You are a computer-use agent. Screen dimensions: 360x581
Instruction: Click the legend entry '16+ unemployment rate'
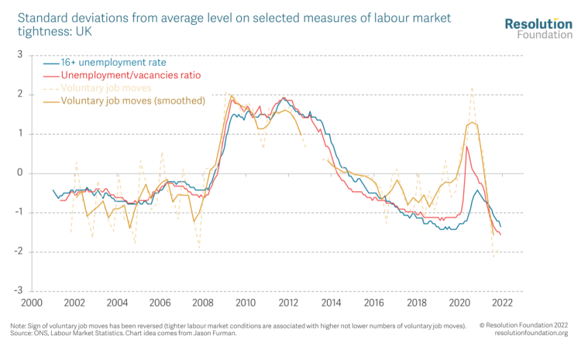coord(113,63)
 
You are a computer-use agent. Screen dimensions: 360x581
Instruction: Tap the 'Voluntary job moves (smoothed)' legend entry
coord(132,101)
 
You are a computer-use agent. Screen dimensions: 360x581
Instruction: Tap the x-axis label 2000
coord(31,303)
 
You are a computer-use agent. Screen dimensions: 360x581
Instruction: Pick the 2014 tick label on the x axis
coord(331,303)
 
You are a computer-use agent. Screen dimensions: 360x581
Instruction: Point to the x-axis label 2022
coord(502,303)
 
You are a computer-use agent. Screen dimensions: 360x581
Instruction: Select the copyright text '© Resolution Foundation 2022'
coord(524,325)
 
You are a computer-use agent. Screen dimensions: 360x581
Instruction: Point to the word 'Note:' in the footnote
coord(19,326)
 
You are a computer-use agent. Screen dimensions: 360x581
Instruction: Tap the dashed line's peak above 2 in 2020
coord(472,87)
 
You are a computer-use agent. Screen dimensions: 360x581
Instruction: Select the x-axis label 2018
coord(417,303)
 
